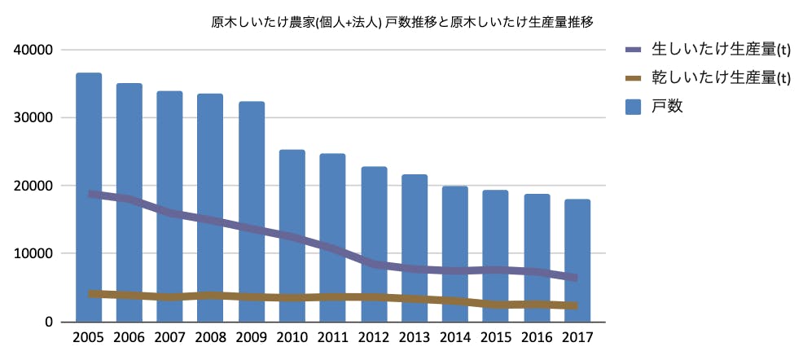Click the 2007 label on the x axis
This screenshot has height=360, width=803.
[170, 336]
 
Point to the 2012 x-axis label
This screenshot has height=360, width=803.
[374, 336]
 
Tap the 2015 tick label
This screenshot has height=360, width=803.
[496, 336]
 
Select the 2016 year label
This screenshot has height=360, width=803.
[537, 336]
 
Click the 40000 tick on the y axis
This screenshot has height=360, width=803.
[34, 50]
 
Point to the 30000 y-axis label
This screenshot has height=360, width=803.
[34, 117]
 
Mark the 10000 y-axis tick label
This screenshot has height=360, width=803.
[34, 253]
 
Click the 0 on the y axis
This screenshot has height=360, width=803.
[48, 322]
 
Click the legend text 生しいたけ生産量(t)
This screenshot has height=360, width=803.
[721, 50]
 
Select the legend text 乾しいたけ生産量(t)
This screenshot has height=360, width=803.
[721, 78]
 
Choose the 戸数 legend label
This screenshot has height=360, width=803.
[667, 106]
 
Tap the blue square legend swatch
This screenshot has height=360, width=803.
[634, 106]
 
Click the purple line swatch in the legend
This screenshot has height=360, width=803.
[634, 50]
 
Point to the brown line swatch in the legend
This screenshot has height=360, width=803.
[634, 78]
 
